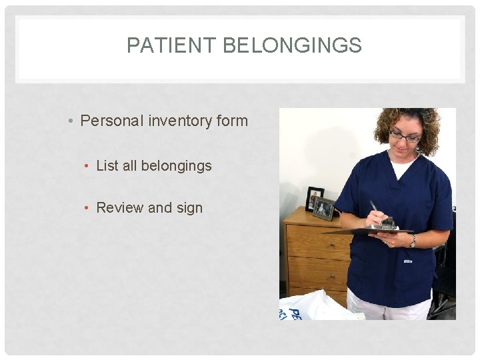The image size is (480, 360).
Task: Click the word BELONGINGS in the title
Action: click(x=292, y=45)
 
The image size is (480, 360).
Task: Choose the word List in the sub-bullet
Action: click(x=107, y=165)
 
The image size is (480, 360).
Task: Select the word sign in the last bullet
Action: click(x=189, y=208)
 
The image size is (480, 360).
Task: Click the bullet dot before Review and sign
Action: click(x=88, y=208)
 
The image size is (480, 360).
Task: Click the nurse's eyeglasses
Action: click(x=405, y=137)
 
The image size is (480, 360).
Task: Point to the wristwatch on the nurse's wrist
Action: click(x=413, y=241)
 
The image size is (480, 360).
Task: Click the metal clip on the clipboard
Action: click(x=386, y=225)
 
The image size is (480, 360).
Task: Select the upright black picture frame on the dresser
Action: click(x=314, y=197)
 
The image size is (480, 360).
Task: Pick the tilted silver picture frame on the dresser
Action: click(x=324, y=209)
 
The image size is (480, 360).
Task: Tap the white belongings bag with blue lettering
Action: click(x=313, y=307)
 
